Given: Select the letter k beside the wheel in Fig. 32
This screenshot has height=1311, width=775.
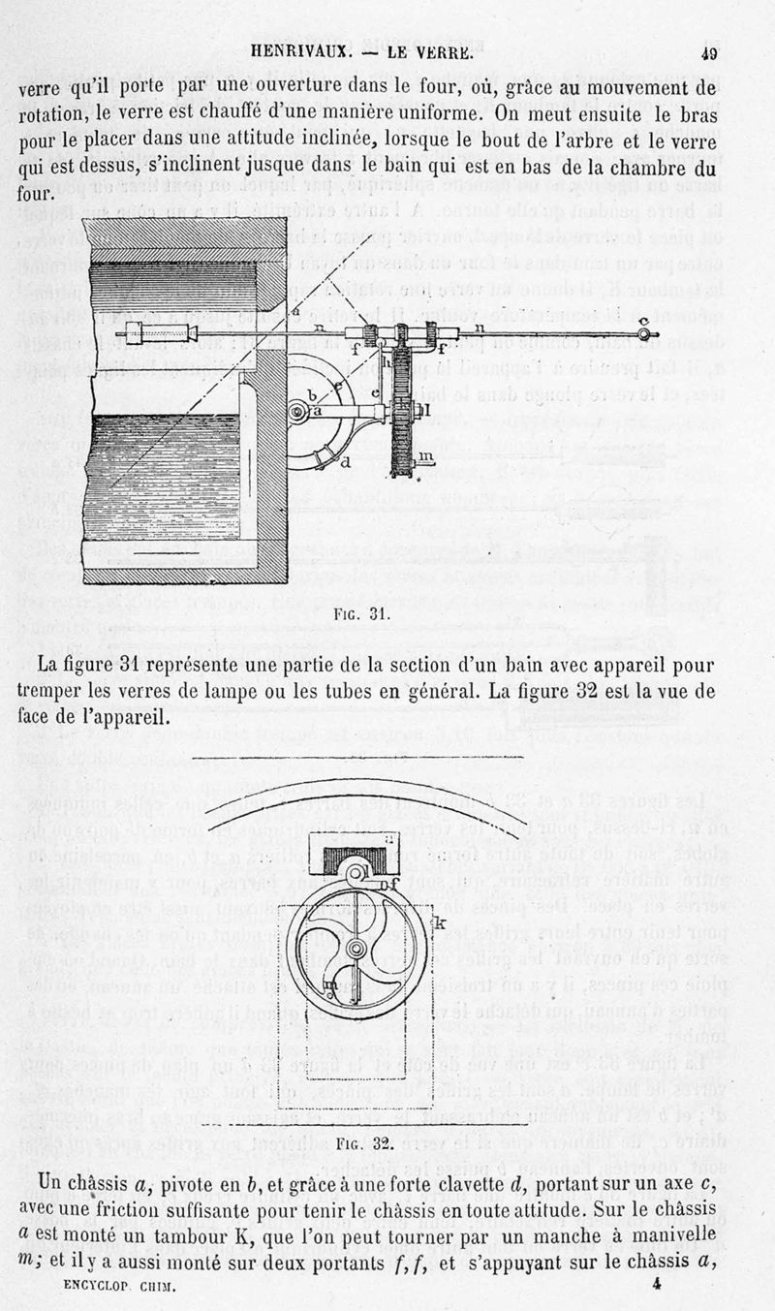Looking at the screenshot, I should click(439, 923).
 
